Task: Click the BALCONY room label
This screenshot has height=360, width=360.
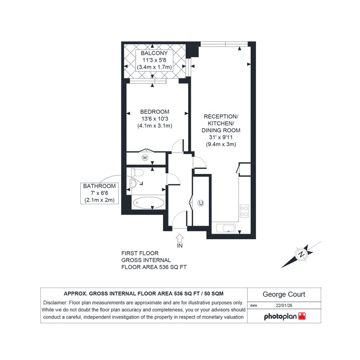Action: pos(154,53)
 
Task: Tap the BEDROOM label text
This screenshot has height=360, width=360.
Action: pos(155,112)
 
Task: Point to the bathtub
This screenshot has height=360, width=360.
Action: pos(149,203)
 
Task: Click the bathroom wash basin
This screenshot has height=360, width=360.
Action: pos(133,183)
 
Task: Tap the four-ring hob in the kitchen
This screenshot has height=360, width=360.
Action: pos(244,211)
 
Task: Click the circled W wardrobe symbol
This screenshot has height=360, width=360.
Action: pos(145,158)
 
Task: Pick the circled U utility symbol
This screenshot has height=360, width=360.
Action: pos(201,203)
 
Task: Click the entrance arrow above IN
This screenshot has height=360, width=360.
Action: pos(180,238)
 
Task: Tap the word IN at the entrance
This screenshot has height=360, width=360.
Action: pos(180,246)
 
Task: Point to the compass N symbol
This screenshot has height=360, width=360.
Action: pos(301,254)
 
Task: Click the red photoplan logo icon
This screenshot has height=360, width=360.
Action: pos(302,316)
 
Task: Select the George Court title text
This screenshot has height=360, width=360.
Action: pos(284,294)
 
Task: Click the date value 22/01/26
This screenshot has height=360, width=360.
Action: pos(284,306)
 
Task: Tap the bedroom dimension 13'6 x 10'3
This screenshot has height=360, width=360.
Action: pos(155,119)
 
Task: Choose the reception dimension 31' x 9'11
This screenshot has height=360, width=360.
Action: pos(221,137)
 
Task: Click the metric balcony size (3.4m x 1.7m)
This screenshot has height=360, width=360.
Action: pos(154,67)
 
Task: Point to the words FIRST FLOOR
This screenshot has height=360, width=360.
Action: pos(140,253)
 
